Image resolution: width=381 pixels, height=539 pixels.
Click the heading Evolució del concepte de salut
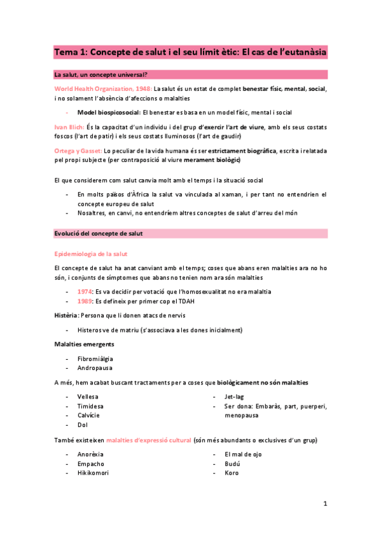(99, 233)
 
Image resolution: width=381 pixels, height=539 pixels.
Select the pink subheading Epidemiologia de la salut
(90, 254)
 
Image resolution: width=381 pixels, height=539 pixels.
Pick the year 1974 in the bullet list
(85, 291)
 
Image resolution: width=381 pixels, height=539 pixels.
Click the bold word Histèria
(66, 315)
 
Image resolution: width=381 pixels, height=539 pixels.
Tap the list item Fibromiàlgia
(95, 358)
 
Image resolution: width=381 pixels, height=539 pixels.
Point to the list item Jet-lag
(233, 396)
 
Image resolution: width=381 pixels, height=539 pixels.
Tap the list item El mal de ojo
(243, 454)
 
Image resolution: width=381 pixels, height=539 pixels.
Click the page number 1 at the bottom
(324, 503)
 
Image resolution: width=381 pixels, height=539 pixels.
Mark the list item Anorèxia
(90, 454)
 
